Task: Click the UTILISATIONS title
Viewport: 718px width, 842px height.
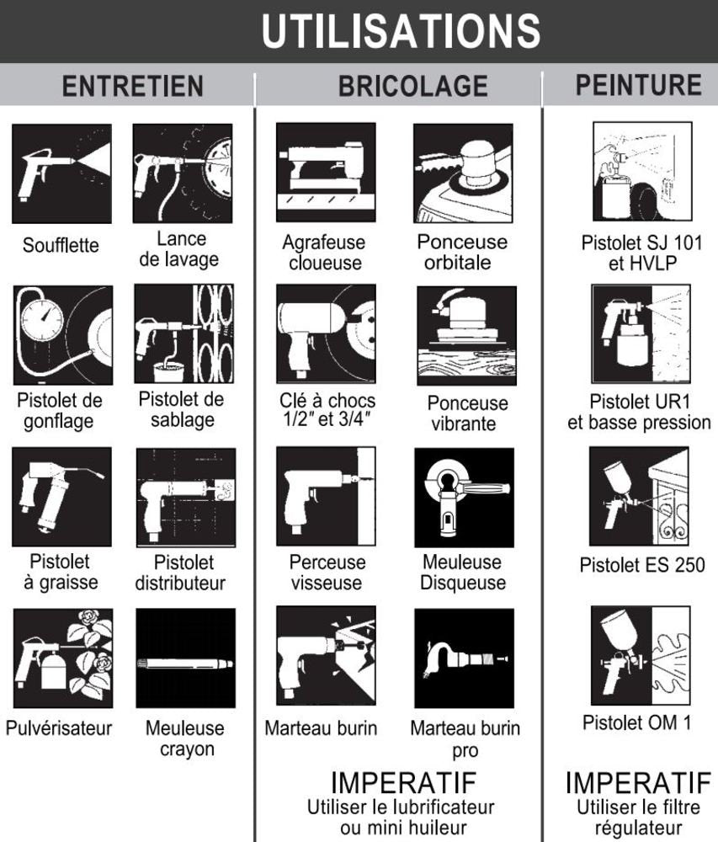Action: (x=401, y=31)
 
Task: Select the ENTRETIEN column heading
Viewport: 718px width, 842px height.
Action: (x=132, y=86)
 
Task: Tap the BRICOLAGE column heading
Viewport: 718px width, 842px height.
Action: (x=413, y=86)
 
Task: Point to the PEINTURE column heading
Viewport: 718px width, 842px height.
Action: (x=639, y=85)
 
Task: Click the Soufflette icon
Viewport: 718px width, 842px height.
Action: (x=61, y=173)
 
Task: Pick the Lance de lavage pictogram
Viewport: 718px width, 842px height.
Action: (x=183, y=173)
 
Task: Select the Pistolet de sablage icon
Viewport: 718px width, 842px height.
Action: (x=184, y=333)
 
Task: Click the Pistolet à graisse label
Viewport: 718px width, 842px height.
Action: (x=60, y=572)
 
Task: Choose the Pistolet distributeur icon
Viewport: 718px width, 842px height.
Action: (x=186, y=498)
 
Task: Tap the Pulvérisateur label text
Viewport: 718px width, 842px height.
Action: (x=59, y=728)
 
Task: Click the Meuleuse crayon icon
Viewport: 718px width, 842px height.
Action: (x=186, y=658)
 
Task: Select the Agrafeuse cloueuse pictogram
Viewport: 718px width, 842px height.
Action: (x=326, y=173)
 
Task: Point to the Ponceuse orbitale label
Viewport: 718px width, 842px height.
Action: (x=462, y=253)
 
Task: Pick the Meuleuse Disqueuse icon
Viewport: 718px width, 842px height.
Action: (x=464, y=498)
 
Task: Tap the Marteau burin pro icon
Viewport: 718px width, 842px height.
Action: (x=464, y=658)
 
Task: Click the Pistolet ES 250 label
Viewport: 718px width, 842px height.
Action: (x=641, y=565)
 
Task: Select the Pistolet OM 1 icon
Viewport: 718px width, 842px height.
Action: (x=641, y=656)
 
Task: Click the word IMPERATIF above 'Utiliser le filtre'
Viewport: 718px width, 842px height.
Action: (x=638, y=783)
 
